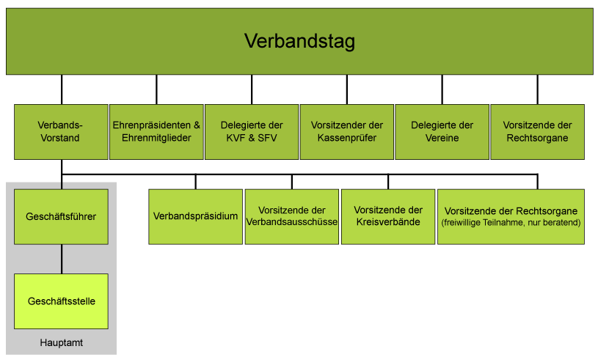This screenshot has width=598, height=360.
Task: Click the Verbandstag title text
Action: (299, 41)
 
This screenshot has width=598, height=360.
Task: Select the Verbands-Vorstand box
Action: (61, 132)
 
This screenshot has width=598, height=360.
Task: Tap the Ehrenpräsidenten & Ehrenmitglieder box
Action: (156, 132)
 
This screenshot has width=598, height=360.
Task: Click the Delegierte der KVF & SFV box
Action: (252, 132)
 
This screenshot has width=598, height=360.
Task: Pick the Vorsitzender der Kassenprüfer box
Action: (346, 132)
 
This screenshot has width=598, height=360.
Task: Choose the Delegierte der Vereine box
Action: (442, 132)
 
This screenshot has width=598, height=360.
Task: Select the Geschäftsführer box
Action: (61, 217)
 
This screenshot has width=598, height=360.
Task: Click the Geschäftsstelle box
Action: (61, 301)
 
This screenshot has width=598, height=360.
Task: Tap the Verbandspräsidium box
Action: (196, 217)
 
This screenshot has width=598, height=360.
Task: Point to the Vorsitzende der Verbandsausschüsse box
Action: (292, 217)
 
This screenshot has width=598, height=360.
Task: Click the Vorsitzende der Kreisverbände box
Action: (388, 217)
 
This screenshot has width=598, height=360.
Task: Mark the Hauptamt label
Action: (62, 343)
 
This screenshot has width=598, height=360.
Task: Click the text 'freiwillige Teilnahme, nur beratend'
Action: (511, 223)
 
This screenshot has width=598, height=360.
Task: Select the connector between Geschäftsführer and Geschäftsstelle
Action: (62, 259)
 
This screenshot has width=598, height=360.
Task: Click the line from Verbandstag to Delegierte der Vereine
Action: (442, 89)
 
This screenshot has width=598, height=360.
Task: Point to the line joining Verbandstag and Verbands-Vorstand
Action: (62, 89)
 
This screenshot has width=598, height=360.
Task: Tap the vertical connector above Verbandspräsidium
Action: (196, 182)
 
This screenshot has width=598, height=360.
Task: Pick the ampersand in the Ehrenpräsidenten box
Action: (197, 125)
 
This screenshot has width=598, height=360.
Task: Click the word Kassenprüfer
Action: (346, 138)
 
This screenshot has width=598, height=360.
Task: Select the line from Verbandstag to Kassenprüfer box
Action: (346, 89)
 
